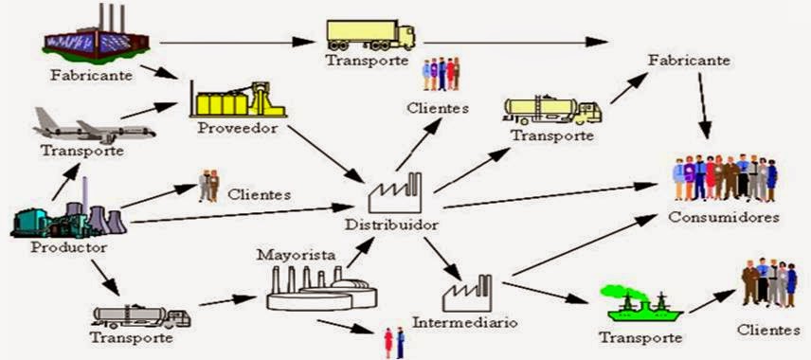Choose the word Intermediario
point(464,322)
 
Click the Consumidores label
point(724,217)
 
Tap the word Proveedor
point(238,128)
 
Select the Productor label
point(68,246)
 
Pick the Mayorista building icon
point(315,289)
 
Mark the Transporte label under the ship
point(640,337)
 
